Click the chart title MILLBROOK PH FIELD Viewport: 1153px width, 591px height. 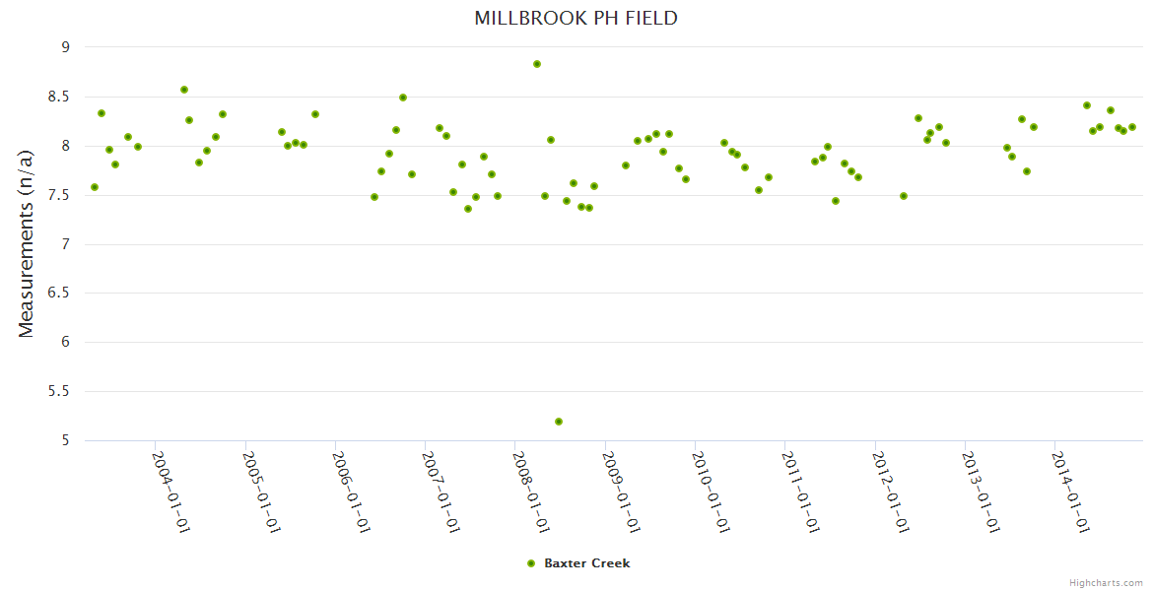(x=576, y=18)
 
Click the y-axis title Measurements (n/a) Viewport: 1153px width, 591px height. (x=27, y=242)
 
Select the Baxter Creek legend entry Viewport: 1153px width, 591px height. (x=586, y=563)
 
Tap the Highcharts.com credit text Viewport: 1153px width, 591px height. (x=1106, y=582)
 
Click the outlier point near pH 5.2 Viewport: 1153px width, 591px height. (x=559, y=422)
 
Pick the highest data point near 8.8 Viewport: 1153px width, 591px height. (x=537, y=64)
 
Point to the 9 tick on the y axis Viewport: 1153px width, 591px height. (x=66, y=47)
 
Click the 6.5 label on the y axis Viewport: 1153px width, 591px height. (x=60, y=294)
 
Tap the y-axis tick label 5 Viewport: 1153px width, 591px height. (x=66, y=440)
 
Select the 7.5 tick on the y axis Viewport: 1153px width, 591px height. (x=60, y=195)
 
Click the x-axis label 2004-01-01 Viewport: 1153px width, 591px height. (x=170, y=492)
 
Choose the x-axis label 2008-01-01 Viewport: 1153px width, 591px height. (x=530, y=492)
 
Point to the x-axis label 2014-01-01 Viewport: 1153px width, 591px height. (x=1070, y=492)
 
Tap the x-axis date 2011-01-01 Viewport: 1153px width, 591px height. (x=800, y=492)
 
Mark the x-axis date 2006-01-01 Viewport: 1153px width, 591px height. (x=350, y=492)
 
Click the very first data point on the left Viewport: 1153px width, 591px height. (x=95, y=187)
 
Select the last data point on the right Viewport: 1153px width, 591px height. (x=1132, y=127)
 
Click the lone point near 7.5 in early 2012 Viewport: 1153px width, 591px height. (x=904, y=196)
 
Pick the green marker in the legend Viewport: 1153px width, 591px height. (x=531, y=563)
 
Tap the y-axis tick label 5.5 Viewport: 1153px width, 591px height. (x=60, y=391)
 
